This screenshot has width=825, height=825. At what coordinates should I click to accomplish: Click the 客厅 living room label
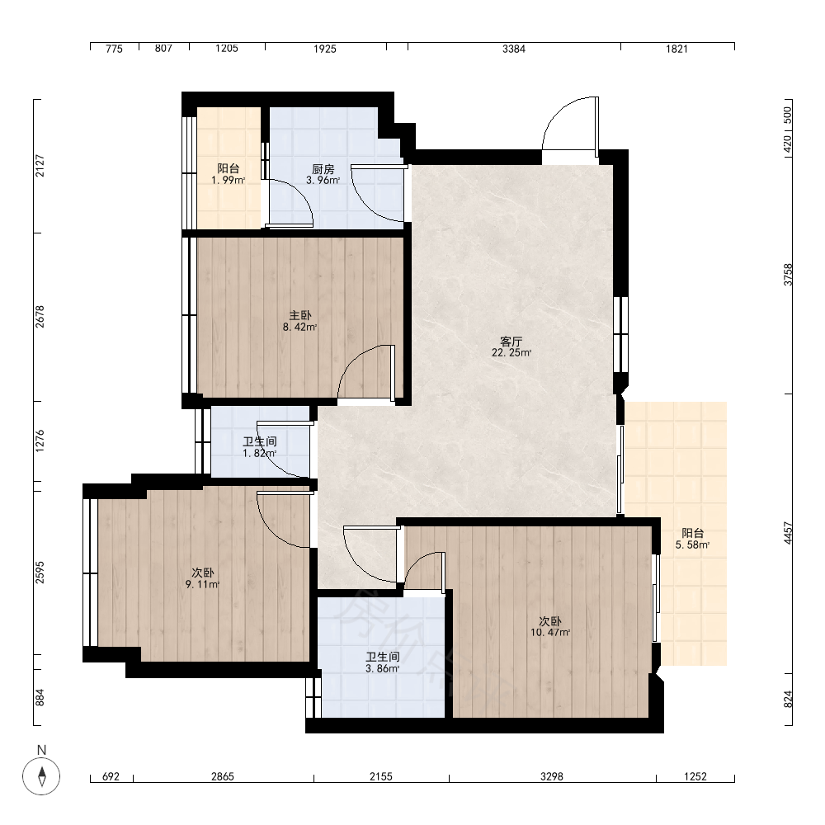pos(511,342)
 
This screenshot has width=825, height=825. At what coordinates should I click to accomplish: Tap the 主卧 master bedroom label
pos(300,316)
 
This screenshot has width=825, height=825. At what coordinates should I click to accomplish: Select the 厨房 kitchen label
pos(323,169)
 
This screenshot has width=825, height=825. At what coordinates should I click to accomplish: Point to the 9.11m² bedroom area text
pos(203,585)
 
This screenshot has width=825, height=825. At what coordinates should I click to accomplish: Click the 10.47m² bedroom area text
pos(550,633)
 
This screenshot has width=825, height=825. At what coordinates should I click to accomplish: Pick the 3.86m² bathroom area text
pos(383,669)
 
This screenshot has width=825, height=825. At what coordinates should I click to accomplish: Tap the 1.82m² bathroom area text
pos(259,454)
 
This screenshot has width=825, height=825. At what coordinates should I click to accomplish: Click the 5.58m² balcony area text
pos(692,545)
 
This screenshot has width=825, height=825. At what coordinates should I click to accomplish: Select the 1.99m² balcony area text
pos(229,181)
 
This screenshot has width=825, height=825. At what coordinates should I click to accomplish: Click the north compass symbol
pos(41,775)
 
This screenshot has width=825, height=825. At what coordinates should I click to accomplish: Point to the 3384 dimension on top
pos(514,49)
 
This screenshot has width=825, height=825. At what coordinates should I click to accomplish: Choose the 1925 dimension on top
pos(325,49)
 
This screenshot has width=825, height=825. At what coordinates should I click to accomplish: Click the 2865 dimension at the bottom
pos(223,776)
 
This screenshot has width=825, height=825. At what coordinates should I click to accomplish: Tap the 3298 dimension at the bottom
pos(552,776)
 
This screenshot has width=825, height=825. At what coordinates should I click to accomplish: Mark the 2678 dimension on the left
pos(40,317)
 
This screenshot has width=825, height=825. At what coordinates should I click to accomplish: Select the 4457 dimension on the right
pos(788,533)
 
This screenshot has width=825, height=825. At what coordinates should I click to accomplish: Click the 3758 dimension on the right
pos(788,275)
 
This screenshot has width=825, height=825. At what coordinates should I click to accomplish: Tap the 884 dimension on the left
pos(40,698)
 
